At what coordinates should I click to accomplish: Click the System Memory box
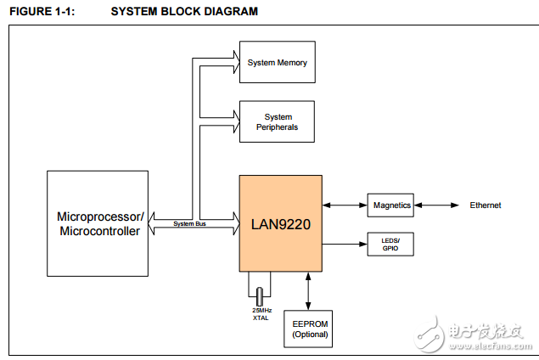click(277, 63)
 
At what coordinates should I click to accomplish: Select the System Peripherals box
click(277, 122)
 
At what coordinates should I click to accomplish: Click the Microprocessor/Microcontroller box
click(98, 223)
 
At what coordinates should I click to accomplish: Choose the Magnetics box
click(391, 205)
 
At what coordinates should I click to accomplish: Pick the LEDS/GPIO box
click(391, 245)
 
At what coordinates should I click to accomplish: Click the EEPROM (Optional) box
click(309, 329)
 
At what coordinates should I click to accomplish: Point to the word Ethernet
click(486, 205)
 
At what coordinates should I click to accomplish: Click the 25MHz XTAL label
click(260, 313)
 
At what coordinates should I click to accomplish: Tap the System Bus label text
click(190, 224)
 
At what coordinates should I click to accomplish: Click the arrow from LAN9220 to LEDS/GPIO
click(345, 245)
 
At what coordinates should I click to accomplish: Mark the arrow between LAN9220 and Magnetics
click(345, 205)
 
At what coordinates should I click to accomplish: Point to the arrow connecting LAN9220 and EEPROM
click(309, 291)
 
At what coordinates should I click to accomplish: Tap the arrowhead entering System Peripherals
click(233, 115)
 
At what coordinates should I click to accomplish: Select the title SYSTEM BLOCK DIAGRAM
click(184, 11)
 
